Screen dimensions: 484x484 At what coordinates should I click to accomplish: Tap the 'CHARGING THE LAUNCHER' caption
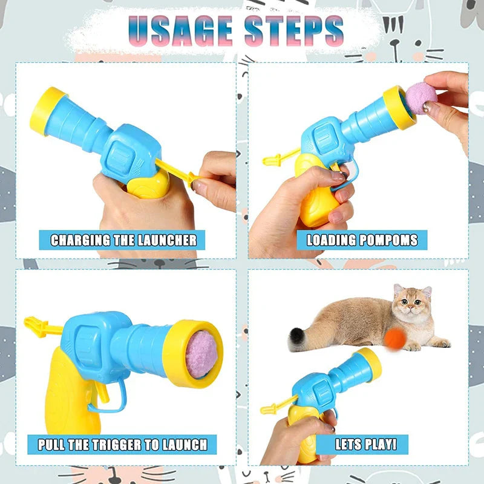pos(123,240)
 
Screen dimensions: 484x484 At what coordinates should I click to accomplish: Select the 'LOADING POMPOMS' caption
pos(362,240)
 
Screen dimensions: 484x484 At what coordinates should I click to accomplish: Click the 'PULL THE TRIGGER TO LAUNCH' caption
pos(122,445)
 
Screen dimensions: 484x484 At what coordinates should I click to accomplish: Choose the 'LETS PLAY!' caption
pos(366,445)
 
